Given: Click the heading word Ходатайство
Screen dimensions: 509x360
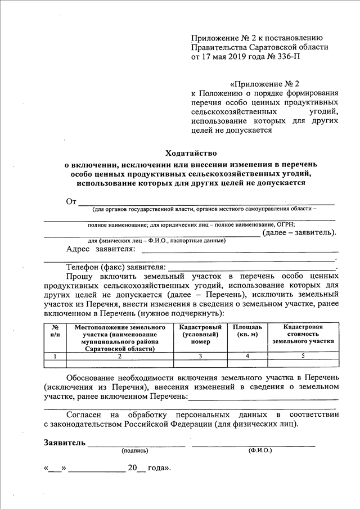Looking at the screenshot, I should point(191,153).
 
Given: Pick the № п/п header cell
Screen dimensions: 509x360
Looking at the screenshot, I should point(55,330).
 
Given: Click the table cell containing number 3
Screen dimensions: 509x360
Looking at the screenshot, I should point(200,356).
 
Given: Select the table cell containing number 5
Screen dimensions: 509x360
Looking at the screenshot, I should point(303,356).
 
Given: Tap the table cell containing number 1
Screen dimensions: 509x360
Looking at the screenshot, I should point(55,356).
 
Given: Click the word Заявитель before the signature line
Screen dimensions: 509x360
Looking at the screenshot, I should point(65,442).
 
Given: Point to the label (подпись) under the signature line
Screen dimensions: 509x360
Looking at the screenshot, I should point(134,451).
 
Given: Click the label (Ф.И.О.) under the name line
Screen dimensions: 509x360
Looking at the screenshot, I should point(259,451).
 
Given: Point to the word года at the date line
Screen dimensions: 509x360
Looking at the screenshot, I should point(159,468).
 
